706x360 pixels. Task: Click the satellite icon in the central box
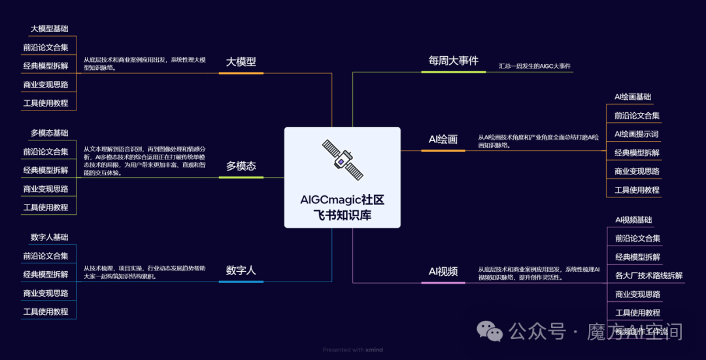[x=343, y=159]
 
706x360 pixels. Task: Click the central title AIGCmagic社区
[x=342, y=201]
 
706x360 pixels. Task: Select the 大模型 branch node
[x=241, y=62]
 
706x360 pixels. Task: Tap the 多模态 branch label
[x=241, y=166]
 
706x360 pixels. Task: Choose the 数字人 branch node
[x=241, y=270]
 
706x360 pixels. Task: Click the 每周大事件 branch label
[x=453, y=61]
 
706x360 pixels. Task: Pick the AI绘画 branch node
[x=443, y=139]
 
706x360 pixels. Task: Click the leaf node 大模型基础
[x=49, y=29]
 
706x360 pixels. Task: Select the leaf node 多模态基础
[x=49, y=133]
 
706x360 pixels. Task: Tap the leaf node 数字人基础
[x=49, y=237]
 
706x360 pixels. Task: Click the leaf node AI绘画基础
[x=633, y=97]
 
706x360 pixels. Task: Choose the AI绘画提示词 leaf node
[x=636, y=134]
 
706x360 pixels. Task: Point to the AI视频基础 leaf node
[x=633, y=220]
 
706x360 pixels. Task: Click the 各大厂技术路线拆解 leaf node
[x=648, y=276]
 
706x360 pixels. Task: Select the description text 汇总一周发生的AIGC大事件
[x=534, y=67]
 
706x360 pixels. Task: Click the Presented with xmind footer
[x=352, y=350]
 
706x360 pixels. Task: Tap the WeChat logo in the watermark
[x=490, y=331]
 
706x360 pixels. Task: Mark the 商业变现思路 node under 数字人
[x=46, y=293]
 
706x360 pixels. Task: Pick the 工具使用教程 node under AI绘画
[x=637, y=190]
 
